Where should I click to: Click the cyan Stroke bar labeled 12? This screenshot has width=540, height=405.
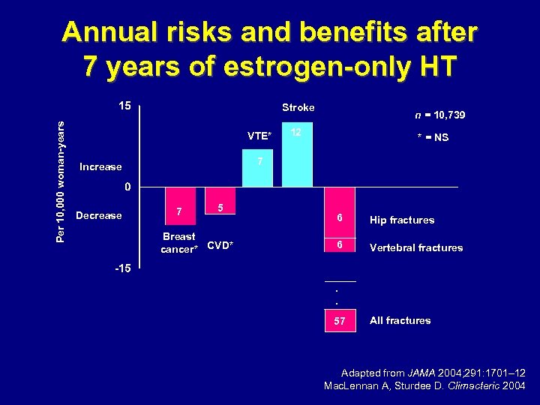pos(297,154)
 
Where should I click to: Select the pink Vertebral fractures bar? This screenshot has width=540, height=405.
pos(340,246)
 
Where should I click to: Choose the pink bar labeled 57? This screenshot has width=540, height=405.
pos(340,320)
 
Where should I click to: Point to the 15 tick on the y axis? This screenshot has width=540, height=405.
pos(124,106)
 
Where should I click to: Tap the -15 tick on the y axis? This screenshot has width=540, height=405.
pos(122,268)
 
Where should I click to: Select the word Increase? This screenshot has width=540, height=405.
pos(100,166)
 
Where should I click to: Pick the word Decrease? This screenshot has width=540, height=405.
pos(99,215)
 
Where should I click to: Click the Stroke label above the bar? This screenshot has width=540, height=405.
pos(298,107)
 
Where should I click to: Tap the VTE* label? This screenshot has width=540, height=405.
pos(259,136)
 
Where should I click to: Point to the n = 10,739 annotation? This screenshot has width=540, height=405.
pos(440,115)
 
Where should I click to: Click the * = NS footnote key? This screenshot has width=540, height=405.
pos(433,137)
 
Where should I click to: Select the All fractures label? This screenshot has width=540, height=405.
pos(400,320)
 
